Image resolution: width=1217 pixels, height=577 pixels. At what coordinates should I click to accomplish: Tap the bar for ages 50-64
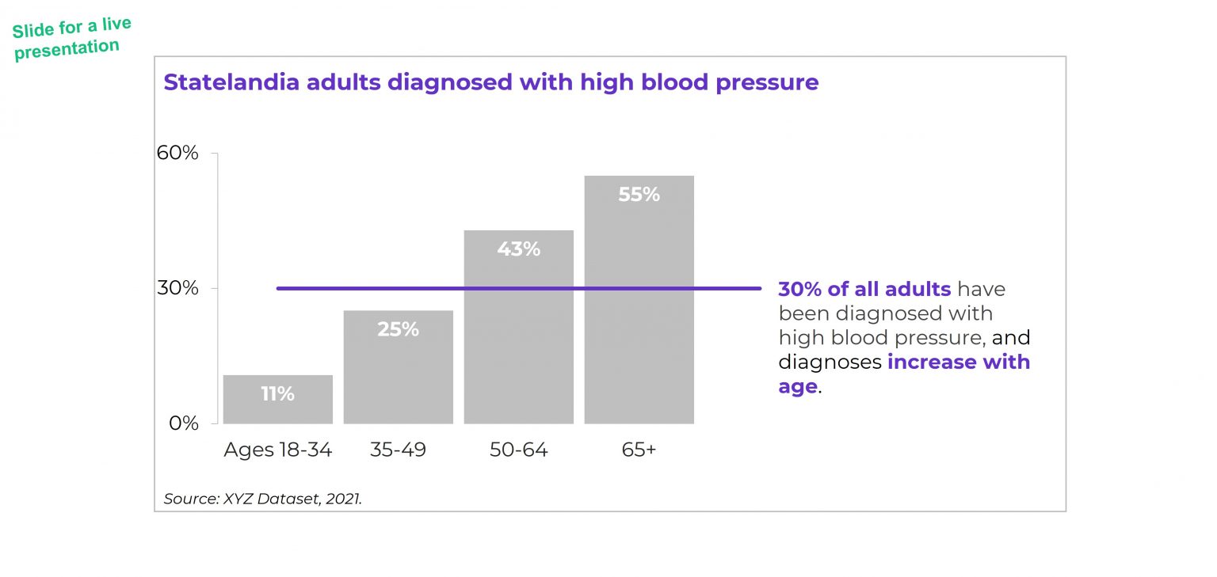point(518,340)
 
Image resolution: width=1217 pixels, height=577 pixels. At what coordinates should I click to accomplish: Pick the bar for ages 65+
point(639,317)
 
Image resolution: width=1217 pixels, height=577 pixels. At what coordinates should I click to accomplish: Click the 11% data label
point(277,393)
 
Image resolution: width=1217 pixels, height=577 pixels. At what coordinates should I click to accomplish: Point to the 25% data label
point(398,329)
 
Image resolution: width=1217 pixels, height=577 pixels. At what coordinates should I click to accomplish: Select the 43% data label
point(518,249)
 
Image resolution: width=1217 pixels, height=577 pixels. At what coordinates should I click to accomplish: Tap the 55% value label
point(639,195)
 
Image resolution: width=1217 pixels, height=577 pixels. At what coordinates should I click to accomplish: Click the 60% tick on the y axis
point(177,153)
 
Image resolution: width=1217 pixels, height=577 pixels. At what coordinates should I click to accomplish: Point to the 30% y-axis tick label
point(177,288)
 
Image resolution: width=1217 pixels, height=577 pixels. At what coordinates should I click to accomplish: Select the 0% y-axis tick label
point(183,423)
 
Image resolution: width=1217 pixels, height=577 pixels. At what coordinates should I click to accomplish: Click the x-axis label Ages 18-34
point(277,450)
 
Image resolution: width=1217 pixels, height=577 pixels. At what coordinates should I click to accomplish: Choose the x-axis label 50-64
point(518,450)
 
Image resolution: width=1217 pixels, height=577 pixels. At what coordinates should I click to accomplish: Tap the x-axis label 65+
point(639,450)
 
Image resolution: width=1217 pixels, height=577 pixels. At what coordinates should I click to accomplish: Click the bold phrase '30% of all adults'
point(864,290)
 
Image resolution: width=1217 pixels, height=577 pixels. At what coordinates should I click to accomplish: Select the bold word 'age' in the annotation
point(797,387)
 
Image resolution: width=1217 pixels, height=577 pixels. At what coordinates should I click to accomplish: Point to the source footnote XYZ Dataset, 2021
point(262,499)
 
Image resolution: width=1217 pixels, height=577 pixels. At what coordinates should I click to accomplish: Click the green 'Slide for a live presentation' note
point(71,38)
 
